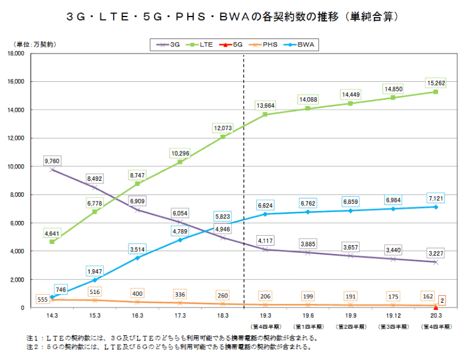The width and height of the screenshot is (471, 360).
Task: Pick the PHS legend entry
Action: tap(266, 44)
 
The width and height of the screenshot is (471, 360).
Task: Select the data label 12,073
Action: tap(223, 127)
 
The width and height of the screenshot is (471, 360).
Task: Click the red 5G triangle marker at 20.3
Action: tap(436, 307)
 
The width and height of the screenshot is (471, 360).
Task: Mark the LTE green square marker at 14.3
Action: tap(52, 242)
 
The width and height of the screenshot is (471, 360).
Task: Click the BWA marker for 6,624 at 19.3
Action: tap(265, 214)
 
